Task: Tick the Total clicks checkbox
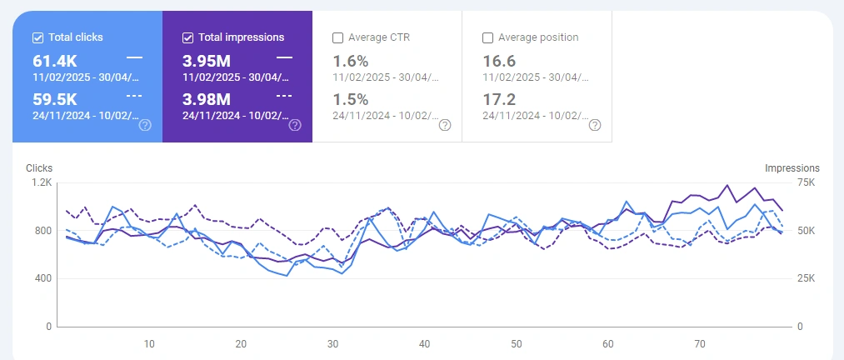click(x=37, y=37)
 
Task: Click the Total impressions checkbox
click(x=187, y=37)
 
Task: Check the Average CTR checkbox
click(x=337, y=37)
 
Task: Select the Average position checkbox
click(x=487, y=37)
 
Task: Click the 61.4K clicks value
click(x=57, y=61)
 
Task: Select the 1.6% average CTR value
click(x=349, y=61)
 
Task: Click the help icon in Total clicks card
click(x=145, y=125)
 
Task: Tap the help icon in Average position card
click(x=595, y=125)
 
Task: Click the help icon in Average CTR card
click(x=445, y=125)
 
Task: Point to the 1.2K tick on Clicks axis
click(x=42, y=182)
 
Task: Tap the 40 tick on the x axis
click(x=424, y=343)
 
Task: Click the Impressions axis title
click(x=792, y=168)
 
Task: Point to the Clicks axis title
click(x=39, y=168)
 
